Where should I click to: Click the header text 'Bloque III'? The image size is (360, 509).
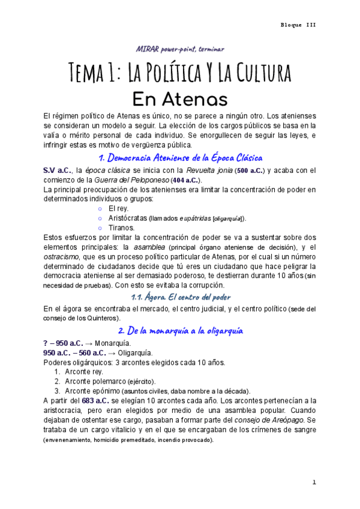click(298, 25)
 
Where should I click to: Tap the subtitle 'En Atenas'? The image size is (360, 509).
click(179, 97)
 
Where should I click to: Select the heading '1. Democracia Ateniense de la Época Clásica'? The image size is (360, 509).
click(180, 158)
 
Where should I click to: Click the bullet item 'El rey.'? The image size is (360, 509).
click(118, 208)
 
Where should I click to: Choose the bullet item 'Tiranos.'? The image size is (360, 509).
click(122, 227)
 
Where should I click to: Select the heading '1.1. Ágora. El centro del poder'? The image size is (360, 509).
click(180, 297)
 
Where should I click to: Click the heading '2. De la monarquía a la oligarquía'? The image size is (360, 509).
click(180, 330)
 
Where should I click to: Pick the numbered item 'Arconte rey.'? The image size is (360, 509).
click(84, 372)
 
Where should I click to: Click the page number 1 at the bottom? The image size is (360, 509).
click(314, 483)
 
